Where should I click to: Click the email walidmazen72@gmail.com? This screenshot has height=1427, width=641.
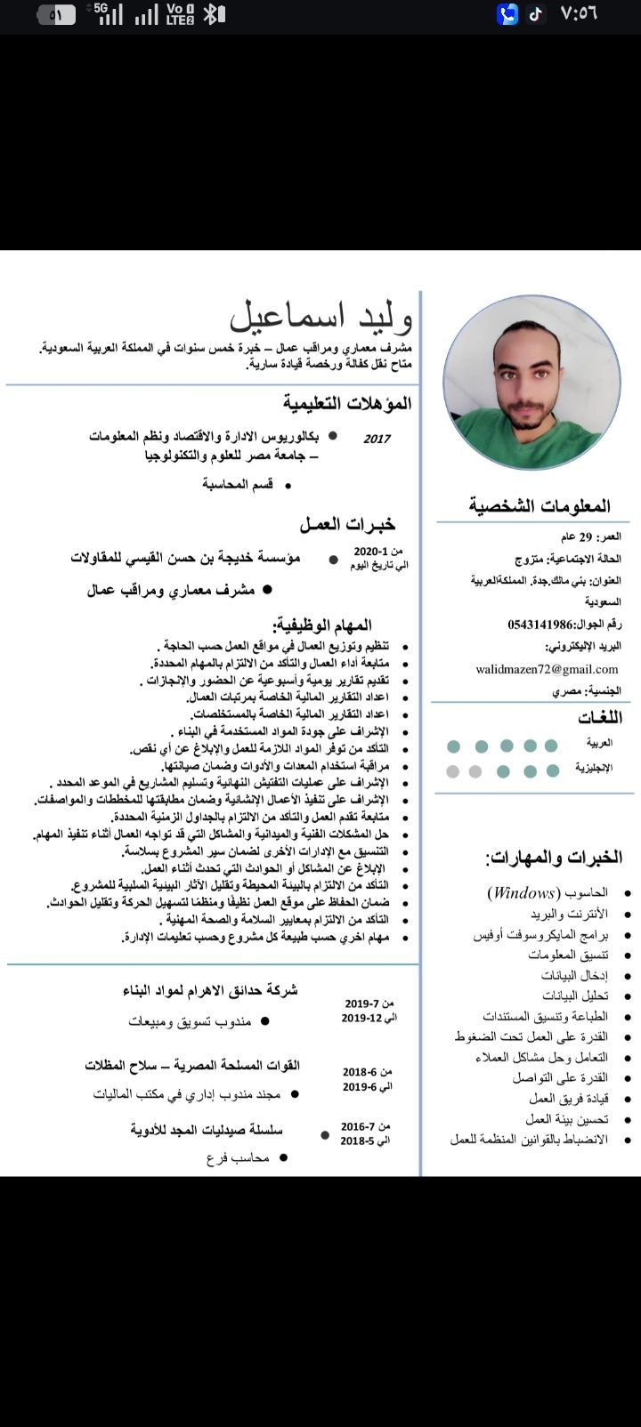[x=547, y=669]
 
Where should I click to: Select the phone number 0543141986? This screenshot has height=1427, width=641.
[x=540, y=624]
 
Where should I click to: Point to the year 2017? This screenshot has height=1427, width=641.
[x=377, y=439]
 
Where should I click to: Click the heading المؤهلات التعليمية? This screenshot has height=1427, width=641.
[x=348, y=403]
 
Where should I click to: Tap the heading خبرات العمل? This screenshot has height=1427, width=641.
[x=347, y=524]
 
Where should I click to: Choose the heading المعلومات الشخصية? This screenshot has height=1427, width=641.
[x=540, y=506]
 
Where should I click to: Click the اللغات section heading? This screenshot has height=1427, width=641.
[x=600, y=717]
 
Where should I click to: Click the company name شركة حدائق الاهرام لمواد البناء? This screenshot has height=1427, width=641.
[x=210, y=989]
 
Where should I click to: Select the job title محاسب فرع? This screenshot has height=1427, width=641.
[x=238, y=1157]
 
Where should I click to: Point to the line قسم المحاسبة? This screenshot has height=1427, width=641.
[x=238, y=484]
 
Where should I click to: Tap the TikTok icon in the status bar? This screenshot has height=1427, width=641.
[x=535, y=14]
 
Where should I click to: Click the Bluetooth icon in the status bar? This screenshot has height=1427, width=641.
[x=212, y=14]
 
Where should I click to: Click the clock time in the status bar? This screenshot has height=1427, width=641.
[x=579, y=14]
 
